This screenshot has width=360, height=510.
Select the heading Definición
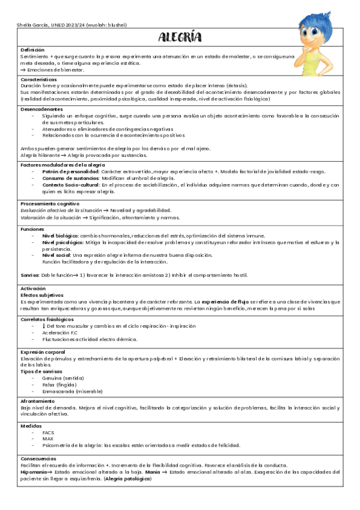click(x=32, y=49)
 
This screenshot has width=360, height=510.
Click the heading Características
click(x=38, y=79)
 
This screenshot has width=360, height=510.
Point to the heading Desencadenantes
click(x=41, y=109)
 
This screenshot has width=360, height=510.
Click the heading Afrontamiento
click(x=37, y=401)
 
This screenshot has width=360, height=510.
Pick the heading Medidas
click(x=31, y=425)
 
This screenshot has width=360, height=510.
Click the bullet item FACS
click(x=48, y=432)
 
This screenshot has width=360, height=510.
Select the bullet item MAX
click(x=47, y=439)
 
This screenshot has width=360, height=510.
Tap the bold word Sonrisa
click(x=30, y=275)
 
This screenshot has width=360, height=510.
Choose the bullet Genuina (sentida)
click(x=63, y=378)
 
